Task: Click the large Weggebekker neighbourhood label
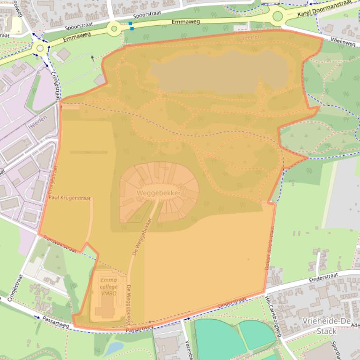click(x=159, y=193)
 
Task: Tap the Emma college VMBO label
click(x=109, y=286)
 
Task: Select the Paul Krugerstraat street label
click(x=69, y=198)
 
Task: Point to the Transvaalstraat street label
click(x=59, y=243)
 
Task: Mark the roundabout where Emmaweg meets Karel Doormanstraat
click(x=278, y=17)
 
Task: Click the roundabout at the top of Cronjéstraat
click(x=40, y=48)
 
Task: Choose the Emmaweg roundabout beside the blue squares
click(x=114, y=29)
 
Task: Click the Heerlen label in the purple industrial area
click(x=37, y=122)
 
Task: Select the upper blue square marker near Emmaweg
click(x=131, y=23)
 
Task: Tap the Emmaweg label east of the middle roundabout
click(x=186, y=22)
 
